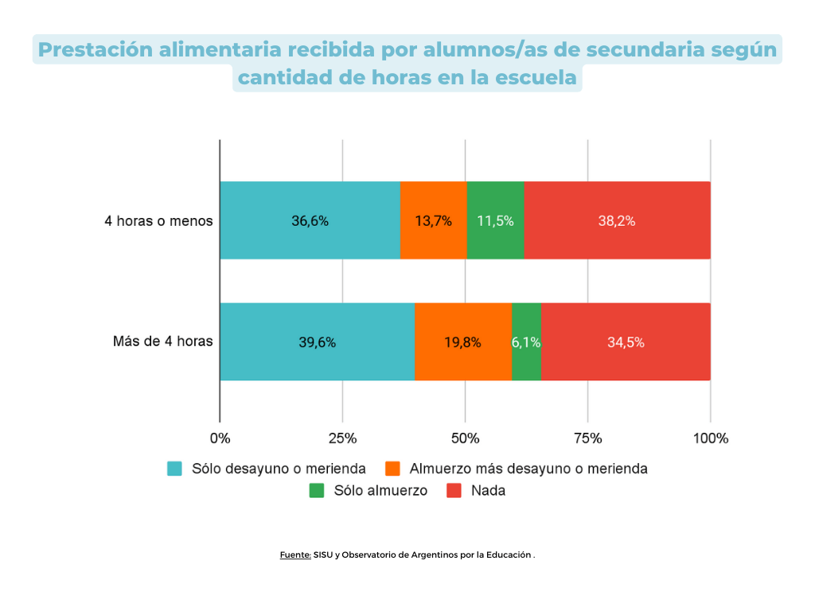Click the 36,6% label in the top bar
[310, 221]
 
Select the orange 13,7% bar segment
[433, 221]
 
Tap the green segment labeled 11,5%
[495, 221]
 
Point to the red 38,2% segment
[617, 221]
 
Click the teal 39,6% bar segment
[317, 342]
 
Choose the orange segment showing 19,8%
[462, 342]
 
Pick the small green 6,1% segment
[526, 342]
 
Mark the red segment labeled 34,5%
[626, 342]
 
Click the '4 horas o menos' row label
[158, 221]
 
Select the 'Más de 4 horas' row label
[162, 342]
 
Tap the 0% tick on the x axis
[220, 438]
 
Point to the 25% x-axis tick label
[342, 438]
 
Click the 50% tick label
[465, 438]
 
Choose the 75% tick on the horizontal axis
[587, 438]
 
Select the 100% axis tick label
[710, 438]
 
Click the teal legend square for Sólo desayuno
[174, 469]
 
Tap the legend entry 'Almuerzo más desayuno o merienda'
[528, 469]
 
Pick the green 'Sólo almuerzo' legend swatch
[317, 491]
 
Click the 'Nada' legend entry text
[488, 491]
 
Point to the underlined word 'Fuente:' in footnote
[295, 555]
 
